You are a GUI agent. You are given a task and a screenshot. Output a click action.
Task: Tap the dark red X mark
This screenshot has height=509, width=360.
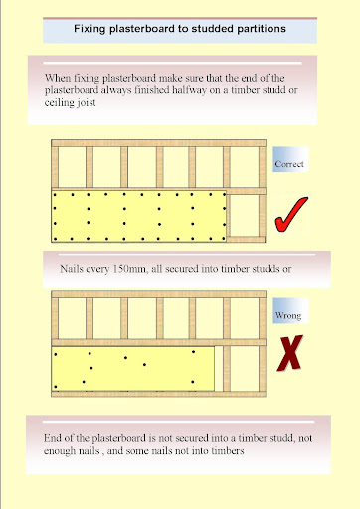[x=290, y=353]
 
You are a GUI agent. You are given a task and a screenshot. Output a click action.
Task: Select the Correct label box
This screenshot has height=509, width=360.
[x=290, y=159]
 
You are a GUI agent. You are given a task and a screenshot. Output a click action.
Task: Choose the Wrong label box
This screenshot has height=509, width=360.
[x=290, y=310]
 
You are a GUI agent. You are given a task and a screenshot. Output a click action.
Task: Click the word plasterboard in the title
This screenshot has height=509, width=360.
[x=142, y=29]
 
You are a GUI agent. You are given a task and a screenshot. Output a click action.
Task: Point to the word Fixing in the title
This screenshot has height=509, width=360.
[x=90, y=29]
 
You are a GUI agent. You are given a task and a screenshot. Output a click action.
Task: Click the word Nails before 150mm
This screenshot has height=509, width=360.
[x=72, y=269]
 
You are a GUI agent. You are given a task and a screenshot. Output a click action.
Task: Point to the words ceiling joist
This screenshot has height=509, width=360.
[x=71, y=102]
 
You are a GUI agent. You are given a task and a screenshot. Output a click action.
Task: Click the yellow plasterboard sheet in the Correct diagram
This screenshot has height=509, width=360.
[x=139, y=216]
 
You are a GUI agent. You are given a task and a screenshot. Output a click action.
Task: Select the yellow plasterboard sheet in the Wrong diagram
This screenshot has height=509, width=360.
[x=133, y=369]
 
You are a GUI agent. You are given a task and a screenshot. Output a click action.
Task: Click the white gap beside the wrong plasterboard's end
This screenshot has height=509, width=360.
[x=219, y=369]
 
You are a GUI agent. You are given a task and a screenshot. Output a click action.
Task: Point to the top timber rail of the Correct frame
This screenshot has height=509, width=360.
[x=158, y=143]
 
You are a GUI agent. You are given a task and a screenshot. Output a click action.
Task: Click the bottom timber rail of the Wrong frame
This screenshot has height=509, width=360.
[x=158, y=394]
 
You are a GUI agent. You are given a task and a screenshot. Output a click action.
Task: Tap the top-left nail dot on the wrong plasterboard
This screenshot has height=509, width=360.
[x=56, y=354]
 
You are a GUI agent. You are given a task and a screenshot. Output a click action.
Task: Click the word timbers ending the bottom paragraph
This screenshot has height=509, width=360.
[x=231, y=451]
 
